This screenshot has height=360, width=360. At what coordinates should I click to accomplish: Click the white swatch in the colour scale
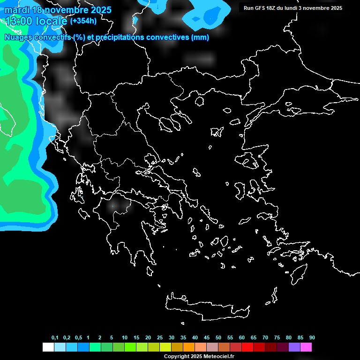(48, 347)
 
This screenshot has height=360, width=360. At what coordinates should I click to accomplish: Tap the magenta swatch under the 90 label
(306, 347)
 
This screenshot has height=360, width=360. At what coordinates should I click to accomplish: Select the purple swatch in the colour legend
(294, 347)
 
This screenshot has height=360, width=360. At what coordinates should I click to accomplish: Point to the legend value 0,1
(55, 338)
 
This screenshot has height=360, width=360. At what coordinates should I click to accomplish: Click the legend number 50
(218, 338)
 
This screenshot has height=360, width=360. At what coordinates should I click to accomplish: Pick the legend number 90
(312, 338)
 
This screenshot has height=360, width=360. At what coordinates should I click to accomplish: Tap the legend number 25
(160, 338)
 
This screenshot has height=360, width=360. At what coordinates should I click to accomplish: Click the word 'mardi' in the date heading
(17, 10)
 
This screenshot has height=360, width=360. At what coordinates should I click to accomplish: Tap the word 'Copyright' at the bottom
(175, 357)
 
